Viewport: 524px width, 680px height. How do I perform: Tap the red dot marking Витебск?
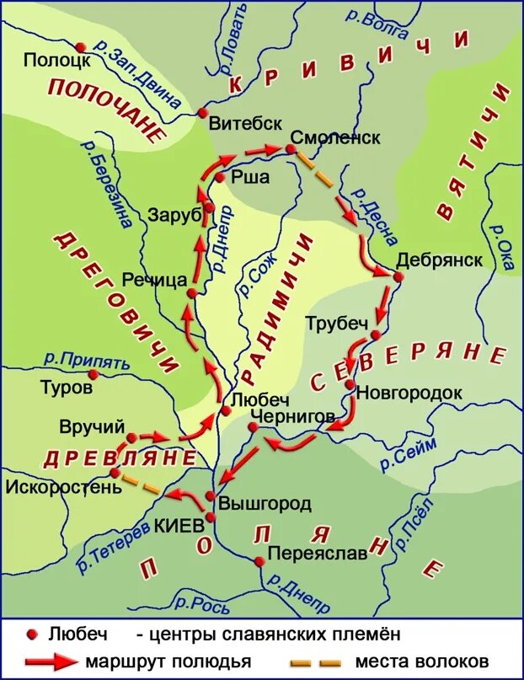click(x=201, y=111)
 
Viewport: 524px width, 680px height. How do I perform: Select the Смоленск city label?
click(x=335, y=137)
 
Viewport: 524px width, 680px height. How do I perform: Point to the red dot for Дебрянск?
click(x=398, y=276)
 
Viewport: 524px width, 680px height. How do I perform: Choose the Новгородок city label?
click(x=410, y=393)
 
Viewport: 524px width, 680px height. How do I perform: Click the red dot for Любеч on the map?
click(x=226, y=410)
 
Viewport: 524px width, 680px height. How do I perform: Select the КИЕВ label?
click(x=179, y=525)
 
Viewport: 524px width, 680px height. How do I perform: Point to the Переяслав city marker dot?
click(x=259, y=560)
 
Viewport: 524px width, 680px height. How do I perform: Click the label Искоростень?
click(x=56, y=486)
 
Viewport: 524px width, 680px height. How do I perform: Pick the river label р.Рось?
click(x=195, y=602)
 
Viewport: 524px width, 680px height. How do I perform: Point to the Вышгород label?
click(x=265, y=504)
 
